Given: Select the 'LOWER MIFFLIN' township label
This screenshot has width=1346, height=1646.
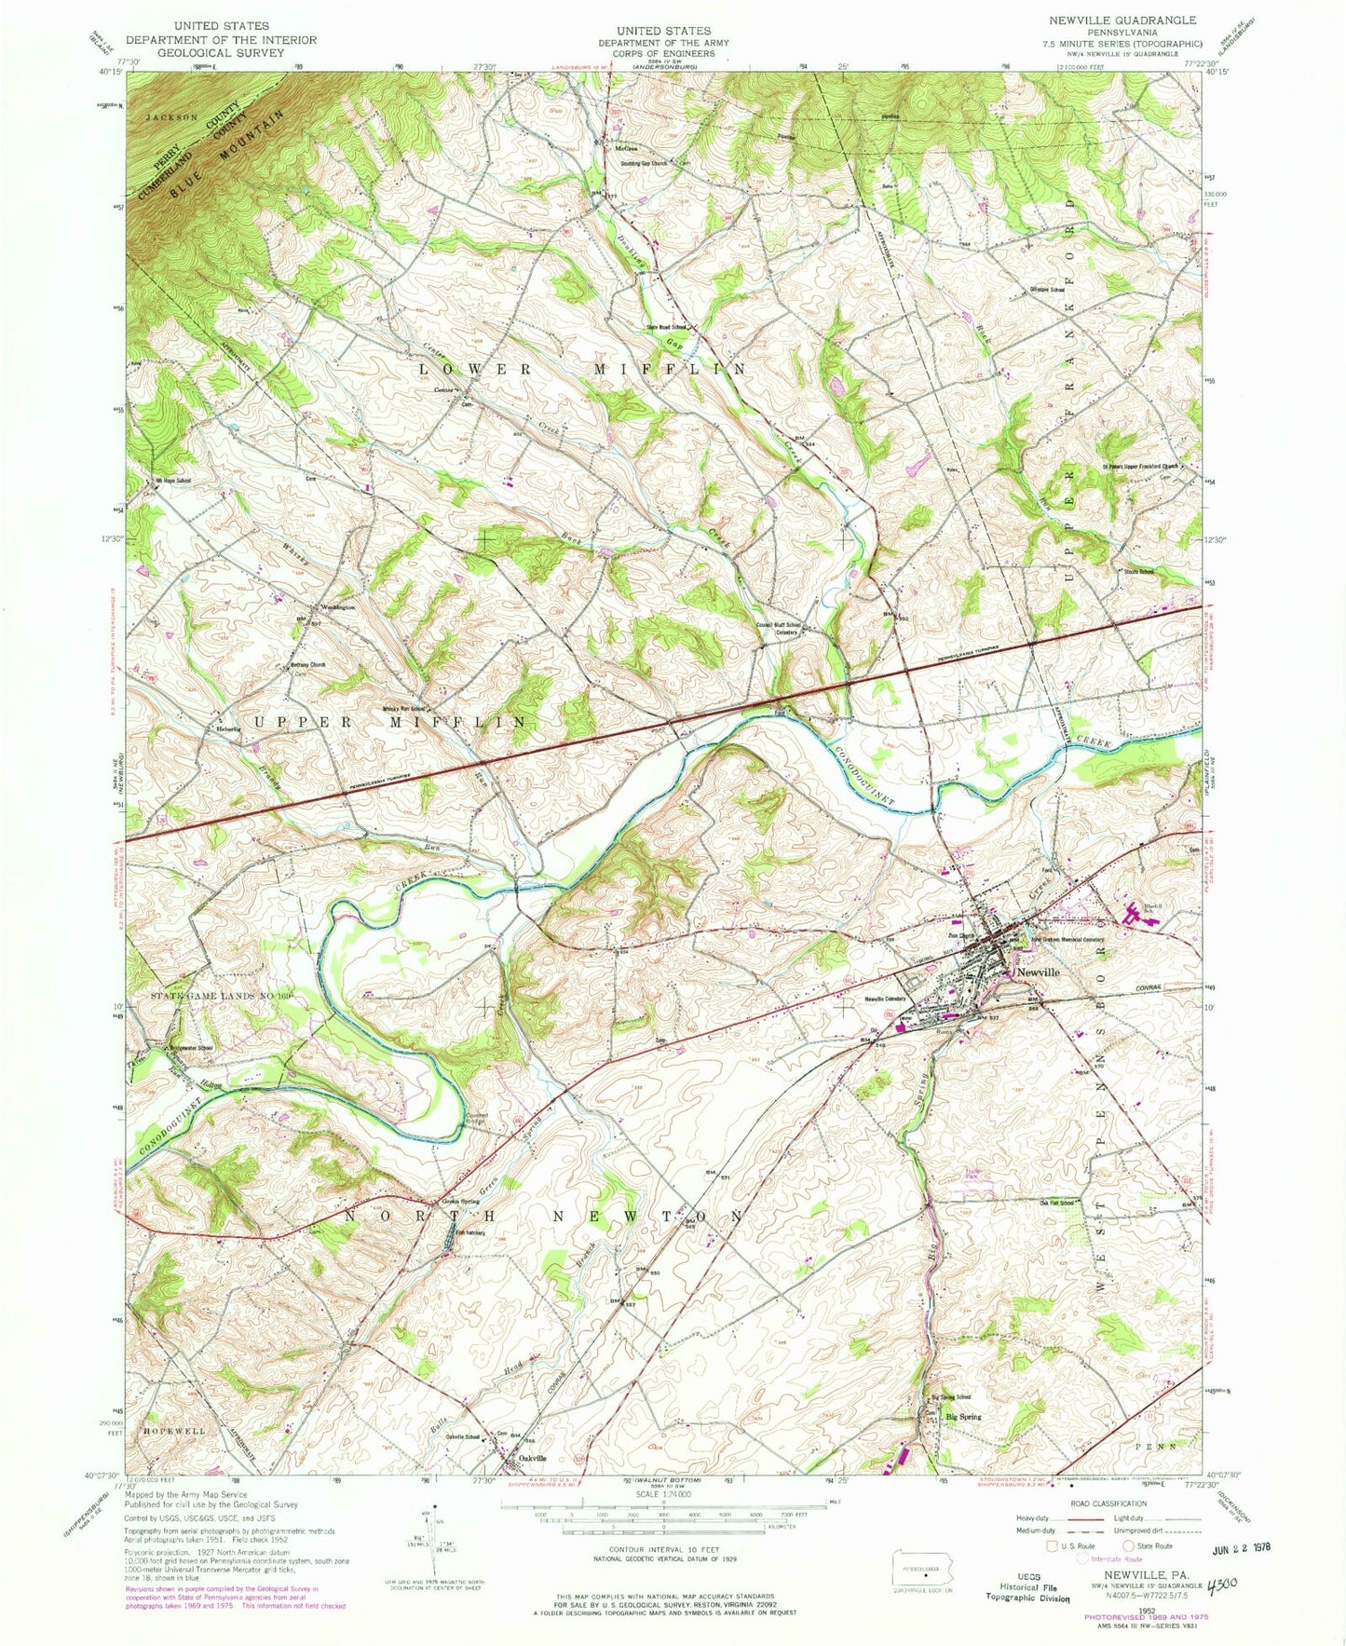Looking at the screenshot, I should [582, 369].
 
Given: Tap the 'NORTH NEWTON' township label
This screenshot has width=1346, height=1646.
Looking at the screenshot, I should [544, 1217].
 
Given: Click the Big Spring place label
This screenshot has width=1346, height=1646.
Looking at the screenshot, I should [963, 1417].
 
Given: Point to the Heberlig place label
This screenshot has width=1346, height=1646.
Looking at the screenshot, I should [229, 728].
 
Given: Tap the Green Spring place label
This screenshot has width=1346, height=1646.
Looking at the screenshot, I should [460, 1201].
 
